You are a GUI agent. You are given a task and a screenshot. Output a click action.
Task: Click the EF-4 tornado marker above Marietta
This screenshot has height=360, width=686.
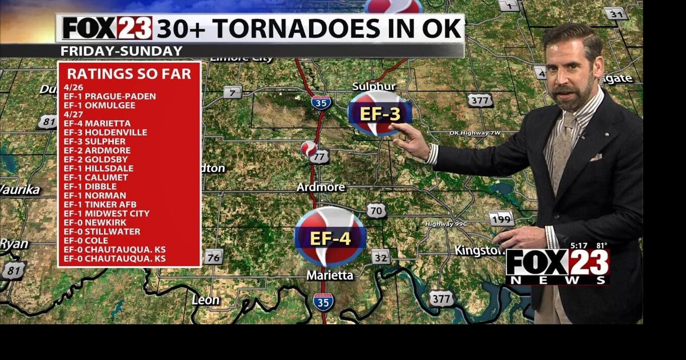pyautogui.click(x=330, y=237)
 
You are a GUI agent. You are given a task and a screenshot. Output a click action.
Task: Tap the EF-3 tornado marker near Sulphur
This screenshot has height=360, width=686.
pyautogui.click(x=379, y=114)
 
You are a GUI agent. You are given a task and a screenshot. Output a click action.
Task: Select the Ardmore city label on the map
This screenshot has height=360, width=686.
pyautogui.click(x=321, y=187)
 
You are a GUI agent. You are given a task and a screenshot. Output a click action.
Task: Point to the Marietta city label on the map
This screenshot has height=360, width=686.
pyautogui.click(x=330, y=275)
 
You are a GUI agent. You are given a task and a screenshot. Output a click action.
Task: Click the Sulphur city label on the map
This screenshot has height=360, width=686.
pyautogui.click(x=374, y=87)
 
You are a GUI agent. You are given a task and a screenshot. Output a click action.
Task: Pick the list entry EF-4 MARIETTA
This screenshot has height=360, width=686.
pyautogui.click(x=97, y=123)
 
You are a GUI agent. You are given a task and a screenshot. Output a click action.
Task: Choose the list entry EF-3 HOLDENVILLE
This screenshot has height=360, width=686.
pyautogui.click(x=105, y=132)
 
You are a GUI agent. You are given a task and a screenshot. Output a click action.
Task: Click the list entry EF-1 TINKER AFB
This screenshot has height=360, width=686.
pyautogui.click(x=100, y=204)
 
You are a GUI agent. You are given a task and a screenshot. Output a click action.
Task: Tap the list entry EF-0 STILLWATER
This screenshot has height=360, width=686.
pyautogui.click(x=102, y=231)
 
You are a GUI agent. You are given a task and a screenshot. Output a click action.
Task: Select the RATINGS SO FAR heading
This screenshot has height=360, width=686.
pyautogui.click(x=129, y=74)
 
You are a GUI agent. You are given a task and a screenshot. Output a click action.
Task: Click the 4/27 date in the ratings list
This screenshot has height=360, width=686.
pyautogui.click(x=73, y=114)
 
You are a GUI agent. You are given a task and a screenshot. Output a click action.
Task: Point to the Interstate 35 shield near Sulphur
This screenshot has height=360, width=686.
pyautogui.click(x=321, y=102)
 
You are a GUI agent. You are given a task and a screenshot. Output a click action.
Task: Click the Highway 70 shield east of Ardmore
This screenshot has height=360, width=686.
pyautogui.click(x=376, y=211)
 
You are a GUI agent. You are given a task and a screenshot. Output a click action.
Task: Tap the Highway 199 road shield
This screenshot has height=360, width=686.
pyautogui.click(x=502, y=219)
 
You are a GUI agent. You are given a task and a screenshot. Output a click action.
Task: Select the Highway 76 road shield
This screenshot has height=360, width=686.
pyautogui.click(x=213, y=257)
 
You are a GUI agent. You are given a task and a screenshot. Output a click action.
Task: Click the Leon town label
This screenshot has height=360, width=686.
pyautogui.click(x=206, y=300)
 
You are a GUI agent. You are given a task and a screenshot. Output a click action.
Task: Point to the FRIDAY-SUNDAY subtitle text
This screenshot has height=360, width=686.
pyautogui.click(x=121, y=51)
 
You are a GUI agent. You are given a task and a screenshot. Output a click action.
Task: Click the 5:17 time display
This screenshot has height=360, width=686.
pyautogui.click(x=579, y=246)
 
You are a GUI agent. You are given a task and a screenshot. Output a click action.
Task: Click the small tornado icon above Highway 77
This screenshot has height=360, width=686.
pyautogui.click(x=308, y=148)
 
